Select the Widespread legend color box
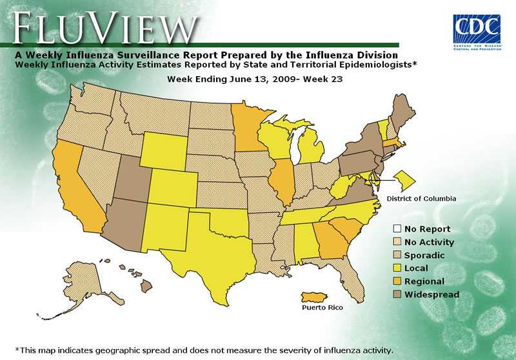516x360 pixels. click(x=398, y=294)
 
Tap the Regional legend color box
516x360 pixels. click(x=398, y=281)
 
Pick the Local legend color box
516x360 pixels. click(x=398, y=268)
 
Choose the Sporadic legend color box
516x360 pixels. click(x=398, y=255)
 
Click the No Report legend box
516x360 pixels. click(x=398, y=229)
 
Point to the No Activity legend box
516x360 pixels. click(x=398, y=243)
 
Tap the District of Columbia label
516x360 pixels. click(x=421, y=199)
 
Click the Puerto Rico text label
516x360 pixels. click(x=322, y=308)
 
